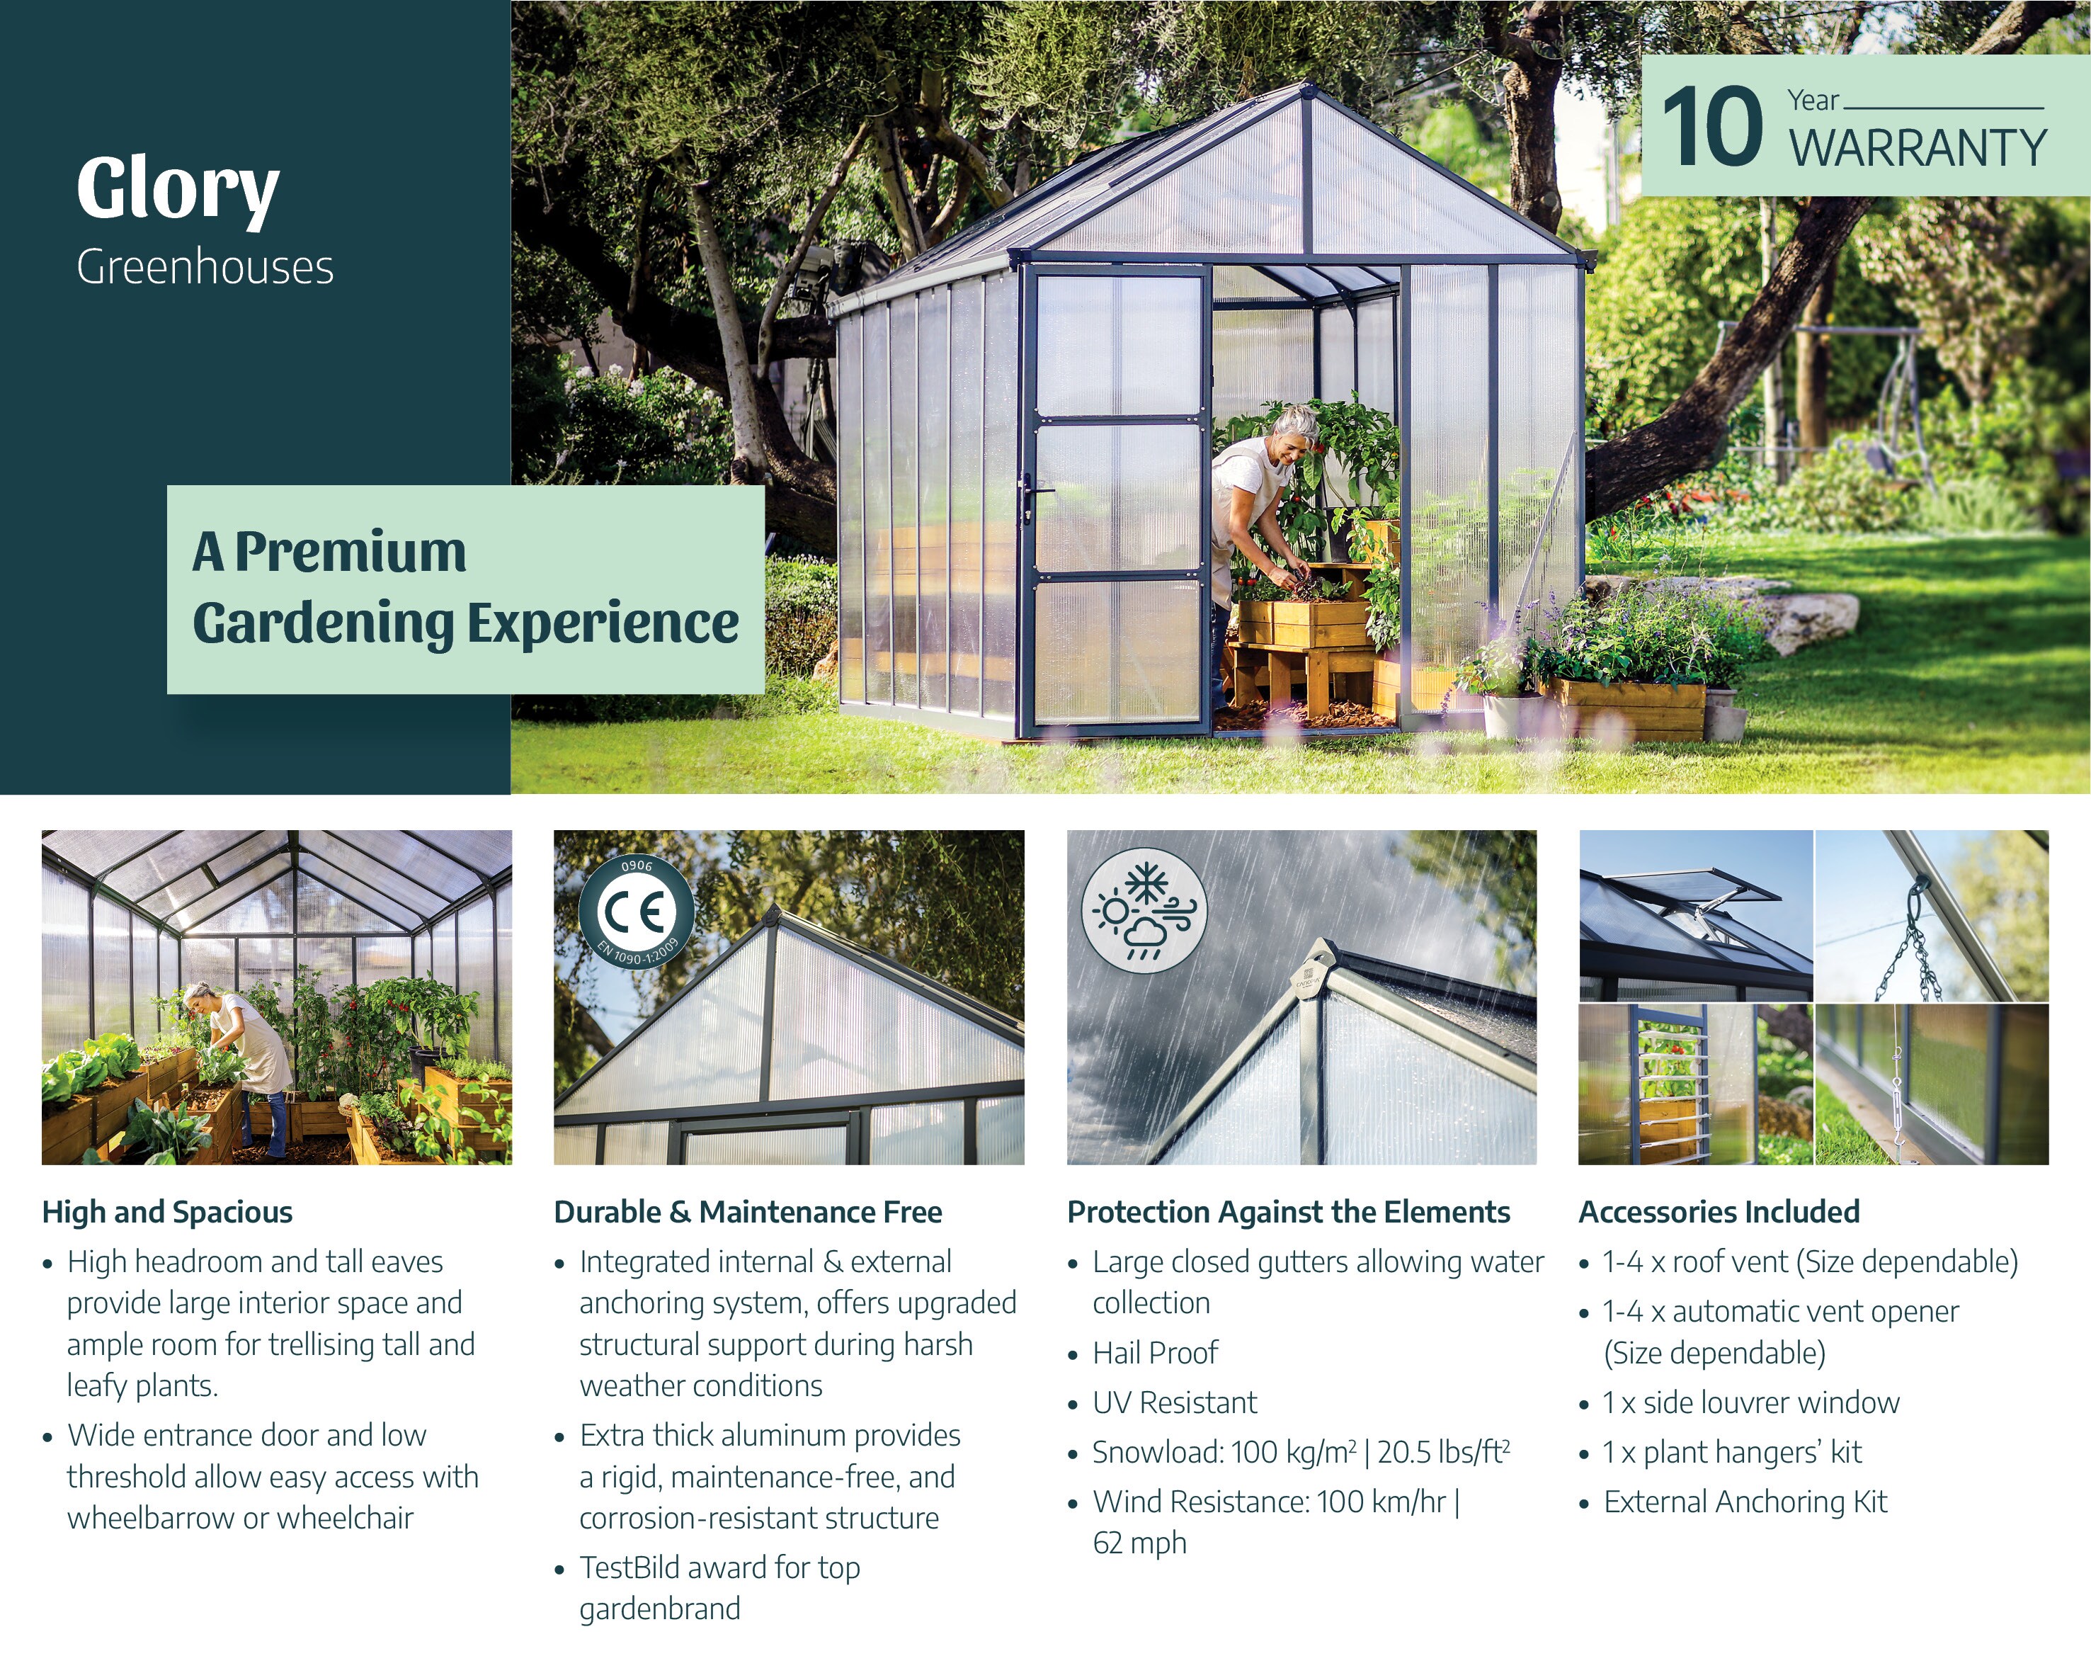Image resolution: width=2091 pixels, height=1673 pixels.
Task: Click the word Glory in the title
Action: click(178, 189)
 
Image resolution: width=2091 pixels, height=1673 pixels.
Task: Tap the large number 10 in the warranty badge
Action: click(1711, 127)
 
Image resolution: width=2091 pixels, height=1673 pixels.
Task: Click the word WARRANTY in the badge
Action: click(1918, 148)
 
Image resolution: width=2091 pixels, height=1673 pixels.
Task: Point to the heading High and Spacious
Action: click(167, 1213)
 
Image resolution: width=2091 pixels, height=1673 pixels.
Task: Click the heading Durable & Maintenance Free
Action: click(748, 1213)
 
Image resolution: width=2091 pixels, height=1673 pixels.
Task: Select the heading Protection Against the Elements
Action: click(1288, 1213)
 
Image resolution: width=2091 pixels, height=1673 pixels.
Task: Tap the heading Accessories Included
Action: click(1719, 1213)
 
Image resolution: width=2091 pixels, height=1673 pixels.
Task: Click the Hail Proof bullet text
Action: click(1154, 1353)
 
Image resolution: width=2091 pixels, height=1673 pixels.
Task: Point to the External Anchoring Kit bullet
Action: click(1745, 1502)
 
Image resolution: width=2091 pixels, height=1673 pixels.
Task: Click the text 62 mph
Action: click(1139, 1543)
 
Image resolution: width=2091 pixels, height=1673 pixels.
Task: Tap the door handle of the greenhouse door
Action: click(1031, 497)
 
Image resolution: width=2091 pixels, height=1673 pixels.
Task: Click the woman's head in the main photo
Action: click(1296, 428)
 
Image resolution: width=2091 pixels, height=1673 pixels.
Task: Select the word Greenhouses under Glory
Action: click(205, 268)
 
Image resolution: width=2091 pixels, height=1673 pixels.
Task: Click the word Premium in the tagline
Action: click(350, 552)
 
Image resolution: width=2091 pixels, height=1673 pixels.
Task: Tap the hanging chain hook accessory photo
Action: click(1931, 916)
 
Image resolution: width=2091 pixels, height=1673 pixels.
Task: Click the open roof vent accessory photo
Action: click(1695, 916)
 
